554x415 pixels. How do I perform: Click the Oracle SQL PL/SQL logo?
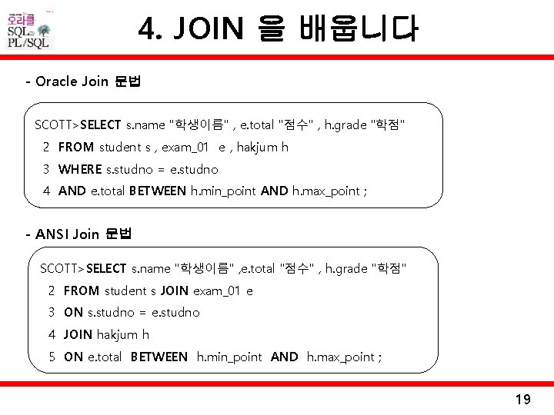point(29,29)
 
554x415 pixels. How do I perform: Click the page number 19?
point(522,399)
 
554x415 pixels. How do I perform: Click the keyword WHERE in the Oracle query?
point(79,169)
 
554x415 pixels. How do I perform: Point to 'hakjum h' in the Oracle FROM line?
point(264,147)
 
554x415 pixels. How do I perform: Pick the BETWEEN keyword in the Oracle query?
point(158,191)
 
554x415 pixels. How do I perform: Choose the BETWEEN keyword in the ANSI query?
point(159,357)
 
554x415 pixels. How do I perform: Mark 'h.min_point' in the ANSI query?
point(229,357)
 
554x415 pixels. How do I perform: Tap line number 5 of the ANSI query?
point(52,357)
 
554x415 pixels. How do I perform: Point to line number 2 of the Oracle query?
point(46,147)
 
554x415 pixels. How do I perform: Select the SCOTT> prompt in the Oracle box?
point(57,124)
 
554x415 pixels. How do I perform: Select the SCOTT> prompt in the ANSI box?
point(63,268)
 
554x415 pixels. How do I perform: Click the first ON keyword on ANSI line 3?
point(73,312)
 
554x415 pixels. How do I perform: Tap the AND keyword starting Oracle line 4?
point(72,191)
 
